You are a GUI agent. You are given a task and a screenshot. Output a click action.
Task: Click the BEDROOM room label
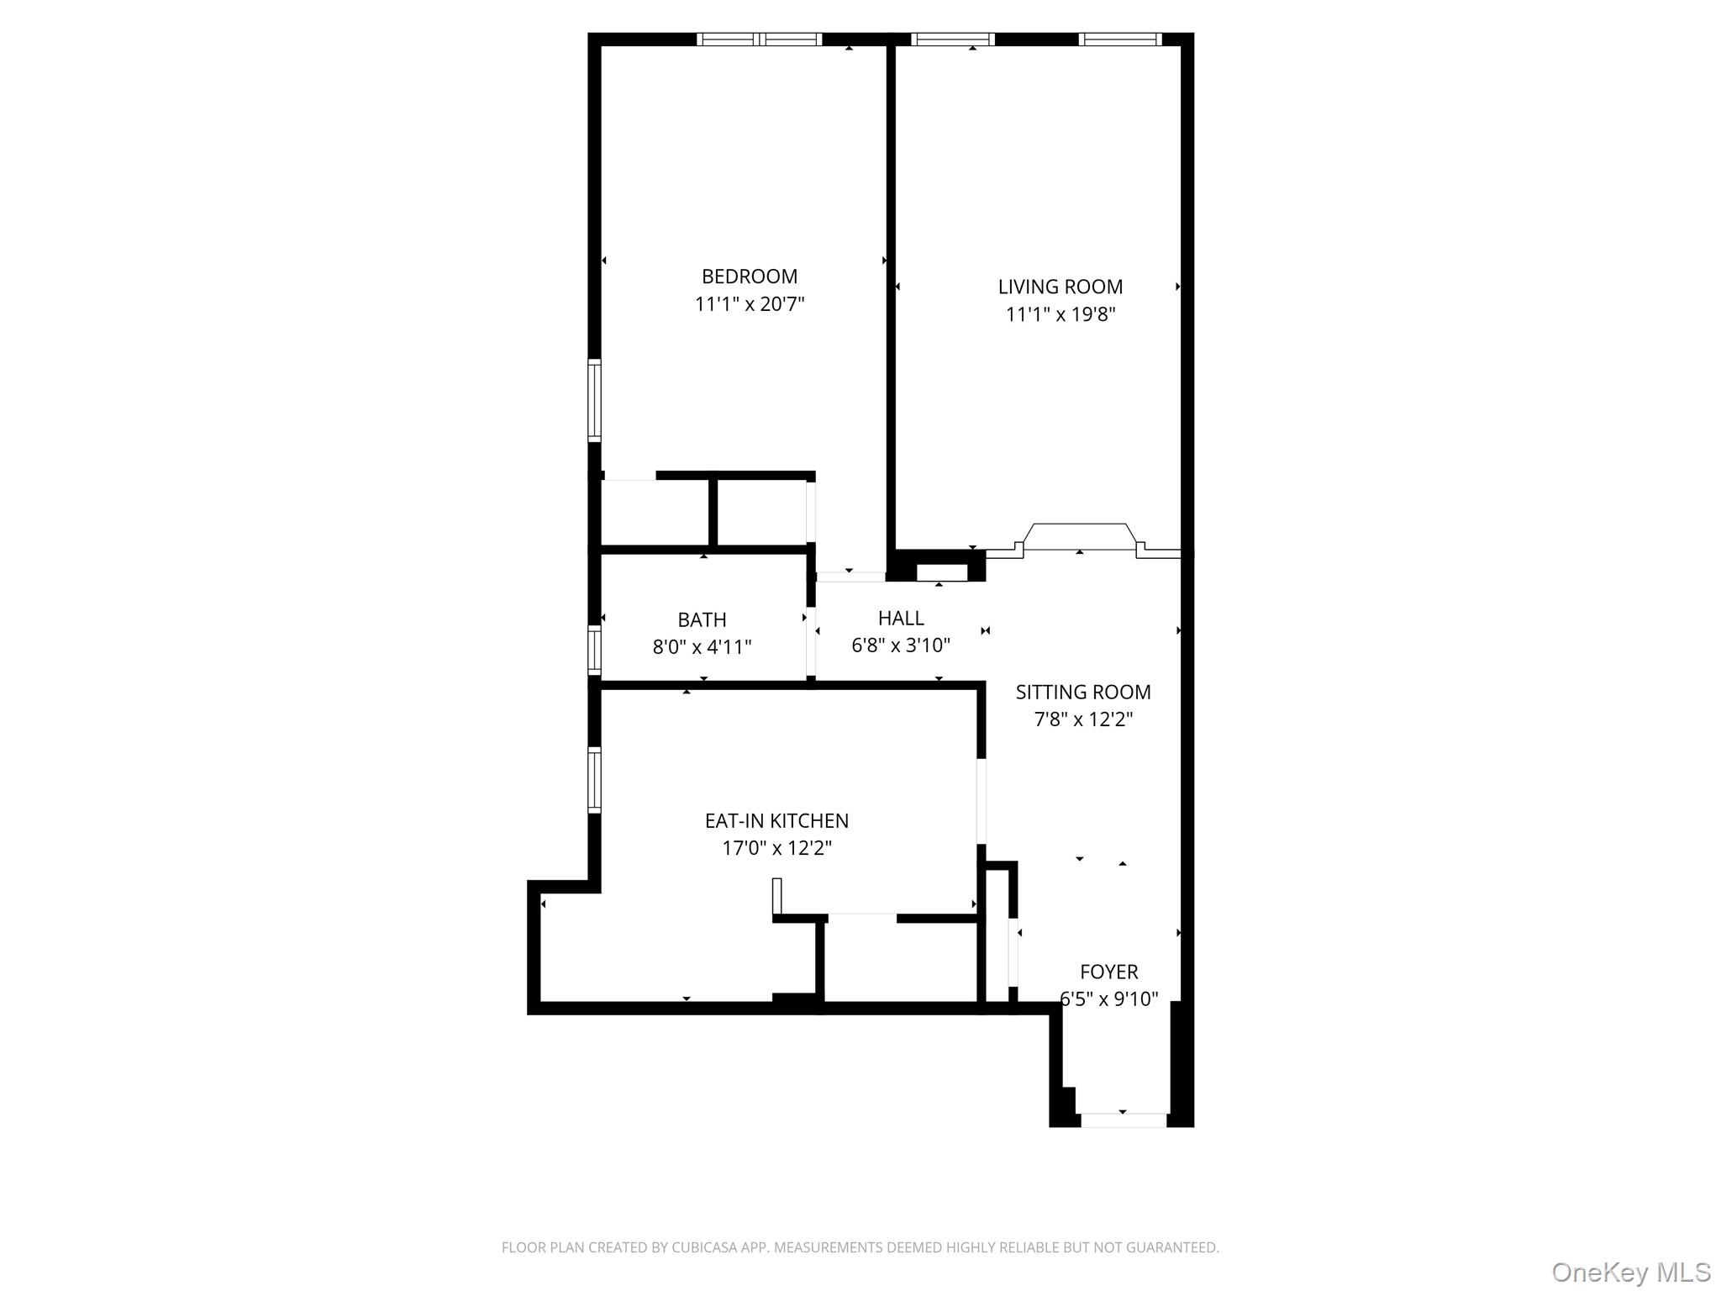750,277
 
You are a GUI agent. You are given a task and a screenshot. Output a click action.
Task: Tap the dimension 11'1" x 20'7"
750,304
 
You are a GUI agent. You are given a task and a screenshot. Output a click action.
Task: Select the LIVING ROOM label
1060,287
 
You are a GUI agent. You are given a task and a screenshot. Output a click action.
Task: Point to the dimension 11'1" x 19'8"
1060,314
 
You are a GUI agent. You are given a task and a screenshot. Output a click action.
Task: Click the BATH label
702,619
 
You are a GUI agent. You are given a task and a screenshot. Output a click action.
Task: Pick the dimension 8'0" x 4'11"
702,647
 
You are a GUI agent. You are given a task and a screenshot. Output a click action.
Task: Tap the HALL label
901,618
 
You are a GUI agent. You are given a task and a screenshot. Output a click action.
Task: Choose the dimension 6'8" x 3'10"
901,645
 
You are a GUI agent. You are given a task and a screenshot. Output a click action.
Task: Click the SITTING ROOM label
1082,692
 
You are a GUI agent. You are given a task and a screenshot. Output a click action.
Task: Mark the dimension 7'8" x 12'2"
1082,719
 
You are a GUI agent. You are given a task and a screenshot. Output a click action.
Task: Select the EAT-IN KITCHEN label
776,820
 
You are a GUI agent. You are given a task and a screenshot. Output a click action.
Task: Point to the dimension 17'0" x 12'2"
776,848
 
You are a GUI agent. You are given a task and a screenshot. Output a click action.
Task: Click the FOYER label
1108,972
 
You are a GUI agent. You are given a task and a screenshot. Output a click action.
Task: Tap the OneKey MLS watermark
1630,1273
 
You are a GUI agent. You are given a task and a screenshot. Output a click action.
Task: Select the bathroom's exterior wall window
594,650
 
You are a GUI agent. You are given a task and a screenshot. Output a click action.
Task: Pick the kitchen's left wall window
594,780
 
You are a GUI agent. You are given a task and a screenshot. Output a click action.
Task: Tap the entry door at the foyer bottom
1123,1120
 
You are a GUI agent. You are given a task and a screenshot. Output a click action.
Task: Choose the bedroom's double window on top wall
760,39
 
